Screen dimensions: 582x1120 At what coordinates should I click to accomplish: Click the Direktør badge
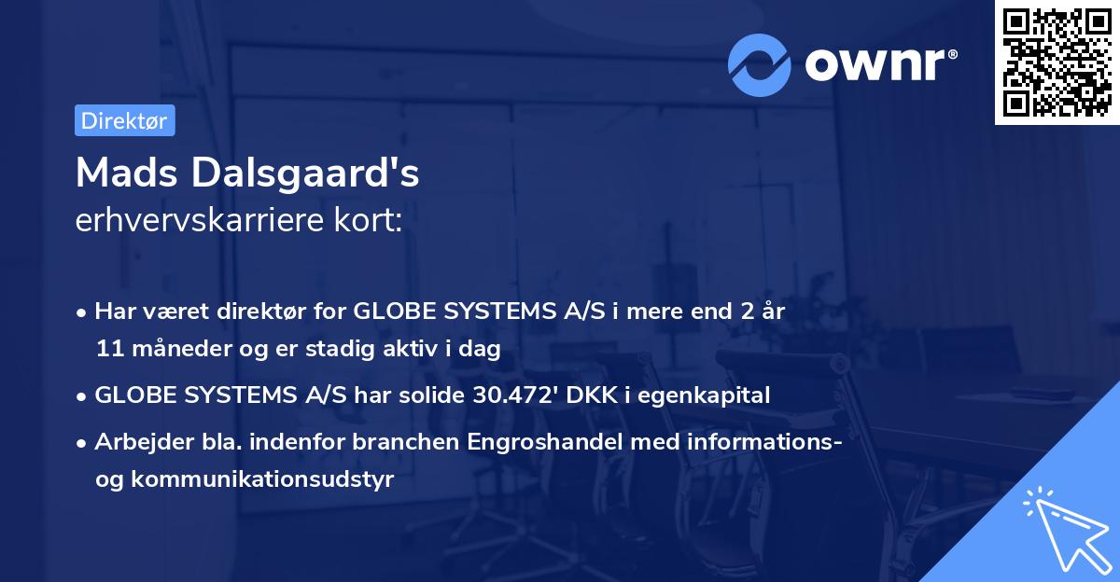click(x=124, y=120)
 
